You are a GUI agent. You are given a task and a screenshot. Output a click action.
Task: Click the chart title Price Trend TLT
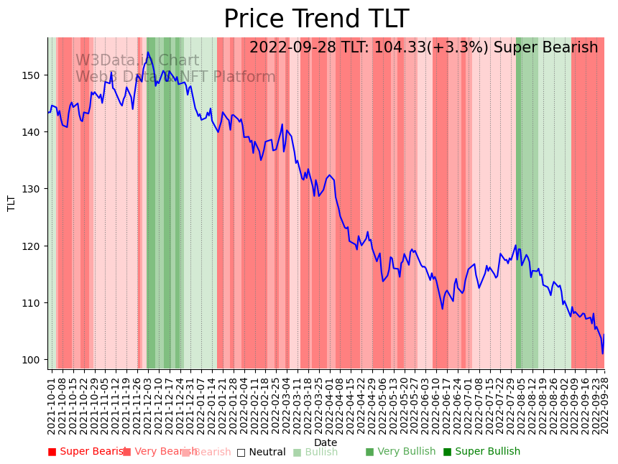coord(316,19)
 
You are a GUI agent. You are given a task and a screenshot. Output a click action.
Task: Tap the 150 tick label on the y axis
coord(33,75)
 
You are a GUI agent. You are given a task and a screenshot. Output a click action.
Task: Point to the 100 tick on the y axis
coord(33,360)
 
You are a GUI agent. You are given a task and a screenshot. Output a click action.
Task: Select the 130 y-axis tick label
coord(33,189)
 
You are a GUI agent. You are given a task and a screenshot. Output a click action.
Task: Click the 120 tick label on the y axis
coord(33,246)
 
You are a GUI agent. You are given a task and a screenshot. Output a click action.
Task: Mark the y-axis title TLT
coord(11,203)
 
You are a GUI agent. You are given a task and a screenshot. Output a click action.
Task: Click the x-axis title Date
coord(326,442)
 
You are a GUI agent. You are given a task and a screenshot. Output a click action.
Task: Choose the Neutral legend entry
coord(262,452)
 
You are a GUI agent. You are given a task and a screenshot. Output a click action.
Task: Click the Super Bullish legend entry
coord(481,452)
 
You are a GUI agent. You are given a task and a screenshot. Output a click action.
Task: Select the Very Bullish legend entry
coord(400,452)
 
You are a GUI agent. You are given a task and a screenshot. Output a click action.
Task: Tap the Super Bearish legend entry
coord(88,452)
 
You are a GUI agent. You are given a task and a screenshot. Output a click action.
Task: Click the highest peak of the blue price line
coord(148,52)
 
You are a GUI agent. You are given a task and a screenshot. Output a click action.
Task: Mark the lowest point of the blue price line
coord(602,353)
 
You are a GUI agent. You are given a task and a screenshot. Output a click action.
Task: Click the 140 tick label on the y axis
coord(33,132)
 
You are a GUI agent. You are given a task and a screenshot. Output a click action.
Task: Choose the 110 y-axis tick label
coord(33,303)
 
